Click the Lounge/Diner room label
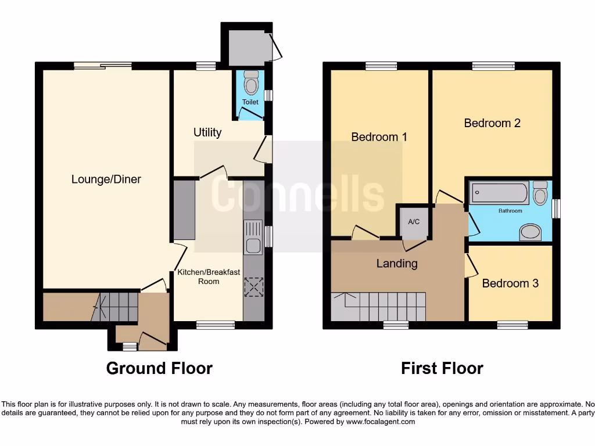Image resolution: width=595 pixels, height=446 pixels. pyautogui.click(x=106, y=179)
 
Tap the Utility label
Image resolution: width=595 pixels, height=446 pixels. pyautogui.click(x=207, y=132)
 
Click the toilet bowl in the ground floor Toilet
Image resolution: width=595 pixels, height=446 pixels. pyautogui.click(x=251, y=84)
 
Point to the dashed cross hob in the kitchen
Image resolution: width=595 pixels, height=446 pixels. pyautogui.click(x=254, y=287)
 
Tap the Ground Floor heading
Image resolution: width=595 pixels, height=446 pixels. pyautogui.click(x=159, y=368)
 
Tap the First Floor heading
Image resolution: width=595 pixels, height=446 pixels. pyautogui.click(x=442, y=368)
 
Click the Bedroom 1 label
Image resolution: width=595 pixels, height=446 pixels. pyautogui.click(x=379, y=137)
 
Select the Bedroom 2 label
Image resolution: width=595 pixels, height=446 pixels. pyautogui.click(x=492, y=123)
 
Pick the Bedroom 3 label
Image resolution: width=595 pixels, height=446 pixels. pyautogui.click(x=510, y=283)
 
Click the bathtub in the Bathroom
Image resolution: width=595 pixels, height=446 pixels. pyautogui.click(x=499, y=193)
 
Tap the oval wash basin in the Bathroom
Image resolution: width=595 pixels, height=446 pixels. pyautogui.click(x=531, y=233)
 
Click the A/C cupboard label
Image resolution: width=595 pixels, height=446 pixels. pyautogui.click(x=414, y=222)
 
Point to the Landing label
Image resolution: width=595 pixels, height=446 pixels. pyautogui.click(x=397, y=264)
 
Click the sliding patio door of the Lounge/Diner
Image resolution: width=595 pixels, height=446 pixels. pyautogui.click(x=102, y=66)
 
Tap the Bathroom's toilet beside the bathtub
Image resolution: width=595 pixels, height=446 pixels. pyautogui.click(x=540, y=193)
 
